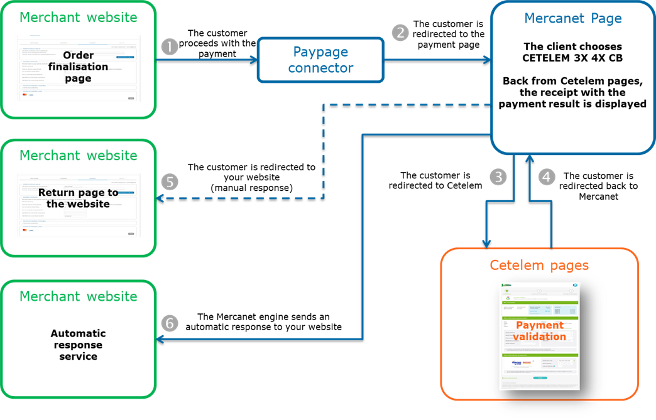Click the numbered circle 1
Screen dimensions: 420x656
click(x=170, y=47)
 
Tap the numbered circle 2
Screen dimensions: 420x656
click(x=400, y=33)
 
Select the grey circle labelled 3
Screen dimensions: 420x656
click(x=498, y=177)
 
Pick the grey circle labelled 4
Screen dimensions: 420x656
click(x=547, y=177)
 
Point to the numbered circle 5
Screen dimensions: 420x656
click(x=170, y=182)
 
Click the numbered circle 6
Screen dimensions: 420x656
click(x=170, y=323)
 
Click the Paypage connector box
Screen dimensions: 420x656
click(x=320, y=60)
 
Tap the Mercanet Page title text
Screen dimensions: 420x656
click(x=572, y=18)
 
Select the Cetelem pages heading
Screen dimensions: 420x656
click(x=539, y=265)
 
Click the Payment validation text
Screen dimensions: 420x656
click(x=539, y=331)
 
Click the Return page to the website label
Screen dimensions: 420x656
click(x=78, y=198)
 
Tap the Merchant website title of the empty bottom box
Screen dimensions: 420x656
click(x=78, y=296)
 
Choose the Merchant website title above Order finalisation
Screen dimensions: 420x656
click(x=78, y=17)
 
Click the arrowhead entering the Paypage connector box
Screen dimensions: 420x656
click(x=254, y=60)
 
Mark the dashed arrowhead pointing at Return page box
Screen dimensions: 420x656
click(x=160, y=198)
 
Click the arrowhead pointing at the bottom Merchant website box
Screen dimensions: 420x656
click(x=160, y=339)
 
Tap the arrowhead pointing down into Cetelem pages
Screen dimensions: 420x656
click(x=486, y=244)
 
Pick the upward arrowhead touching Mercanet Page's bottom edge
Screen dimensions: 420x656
click(x=531, y=159)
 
